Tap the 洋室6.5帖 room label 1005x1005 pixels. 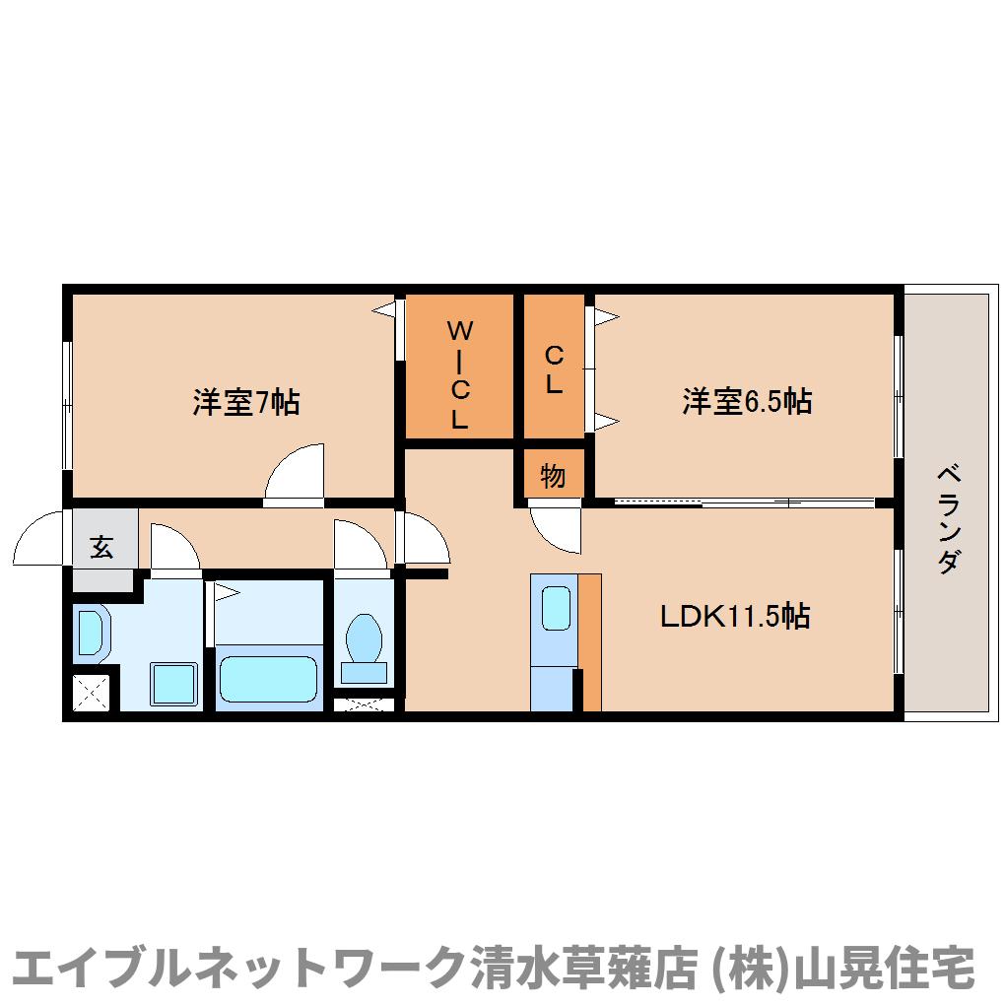click(x=747, y=401)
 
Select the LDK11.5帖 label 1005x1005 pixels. click(x=735, y=617)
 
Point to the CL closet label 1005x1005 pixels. click(x=554, y=369)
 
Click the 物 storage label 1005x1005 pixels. click(x=553, y=477)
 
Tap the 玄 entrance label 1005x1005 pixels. click(x=101, y=547)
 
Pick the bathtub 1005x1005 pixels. click(x=269, y=679)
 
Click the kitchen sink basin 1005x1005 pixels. click(x=556, y=608)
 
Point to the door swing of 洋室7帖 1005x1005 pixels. click(x=296, y=475)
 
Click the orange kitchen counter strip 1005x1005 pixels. click(x=590, y=640)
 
